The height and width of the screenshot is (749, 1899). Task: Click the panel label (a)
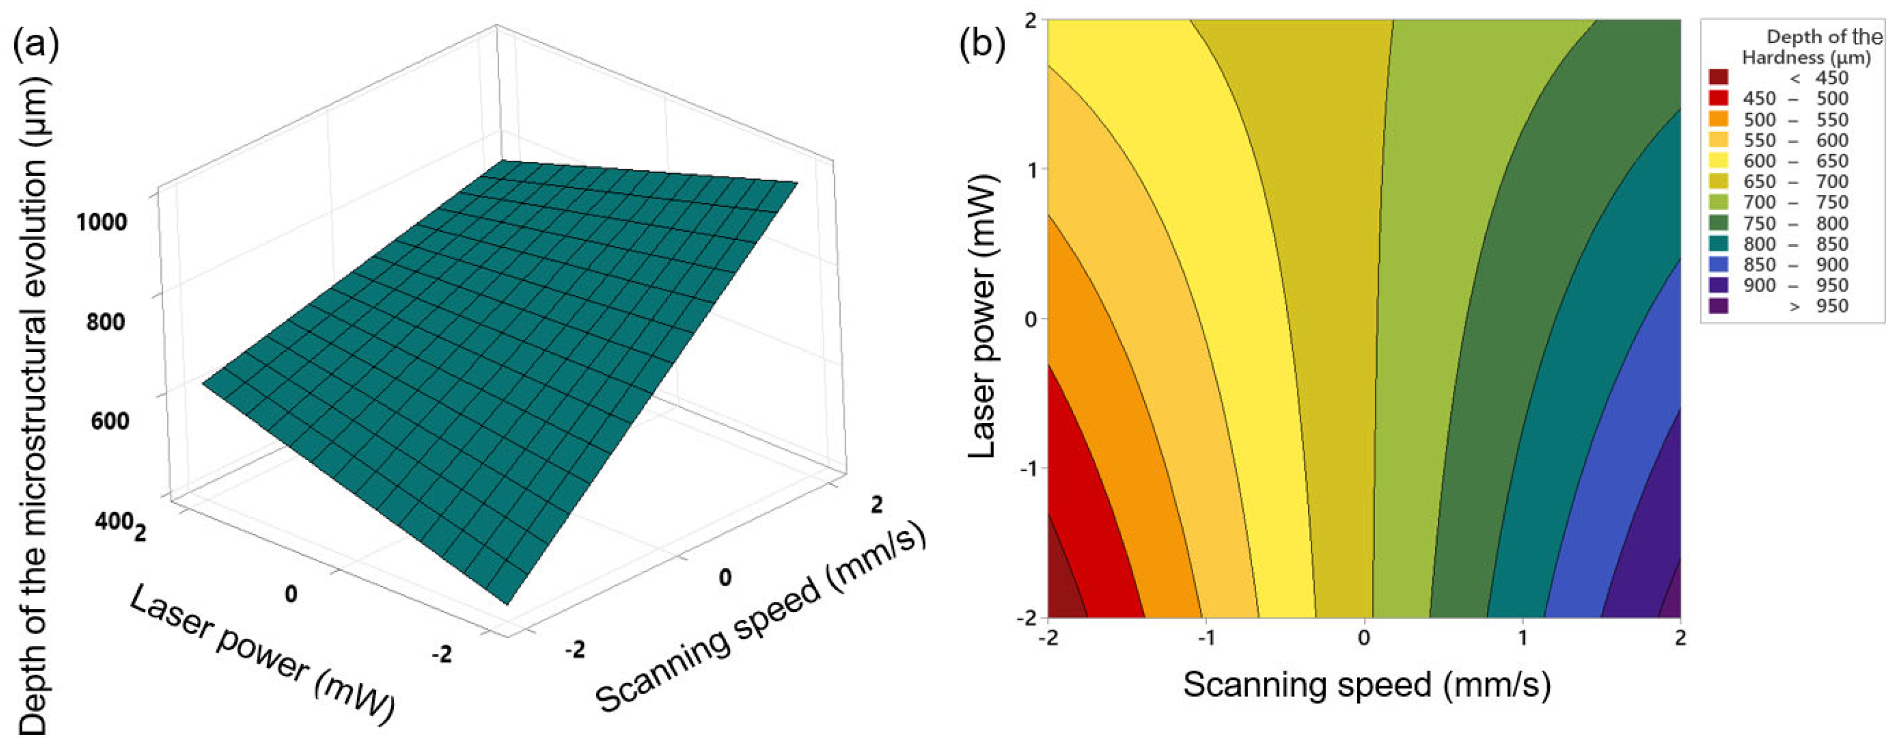[35, 46]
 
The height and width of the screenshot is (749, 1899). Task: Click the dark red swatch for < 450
[1718, 77]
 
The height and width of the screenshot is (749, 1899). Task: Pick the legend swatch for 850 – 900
[1718, 265]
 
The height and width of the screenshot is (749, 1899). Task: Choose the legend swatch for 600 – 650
[1718, 161]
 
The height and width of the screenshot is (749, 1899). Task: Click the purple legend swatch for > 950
[1718, 306]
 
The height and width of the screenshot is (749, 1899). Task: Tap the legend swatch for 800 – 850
[1718, 244]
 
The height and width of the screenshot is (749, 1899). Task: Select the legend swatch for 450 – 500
[1718, 98]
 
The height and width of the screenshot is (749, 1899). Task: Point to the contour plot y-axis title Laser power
[983, 317]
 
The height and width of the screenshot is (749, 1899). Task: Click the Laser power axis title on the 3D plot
[262, 654]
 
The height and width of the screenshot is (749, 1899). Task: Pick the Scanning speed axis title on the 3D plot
[759, 621]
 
